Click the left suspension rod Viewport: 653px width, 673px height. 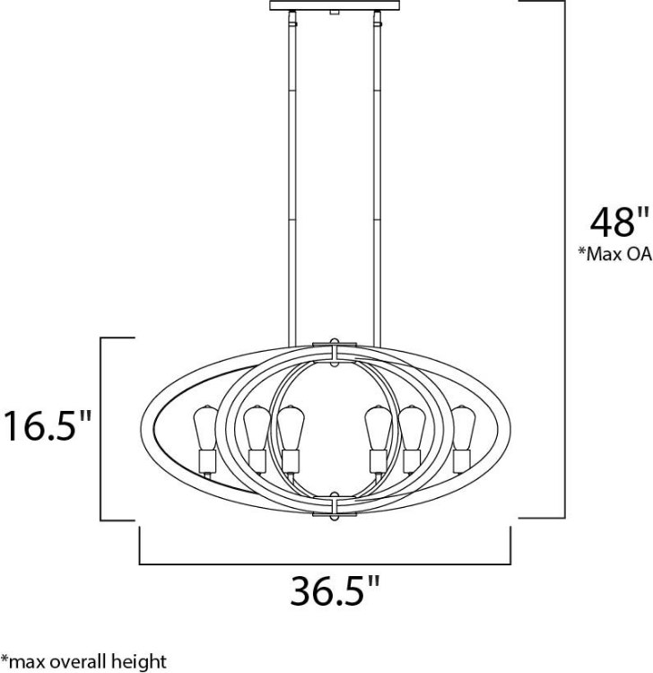[x=289, y=179]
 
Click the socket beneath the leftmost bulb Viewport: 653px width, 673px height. [x=205, y=462]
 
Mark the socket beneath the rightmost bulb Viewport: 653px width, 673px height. [x=463, y=462]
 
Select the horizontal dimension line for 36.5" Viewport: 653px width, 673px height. [x=325, y=564]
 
